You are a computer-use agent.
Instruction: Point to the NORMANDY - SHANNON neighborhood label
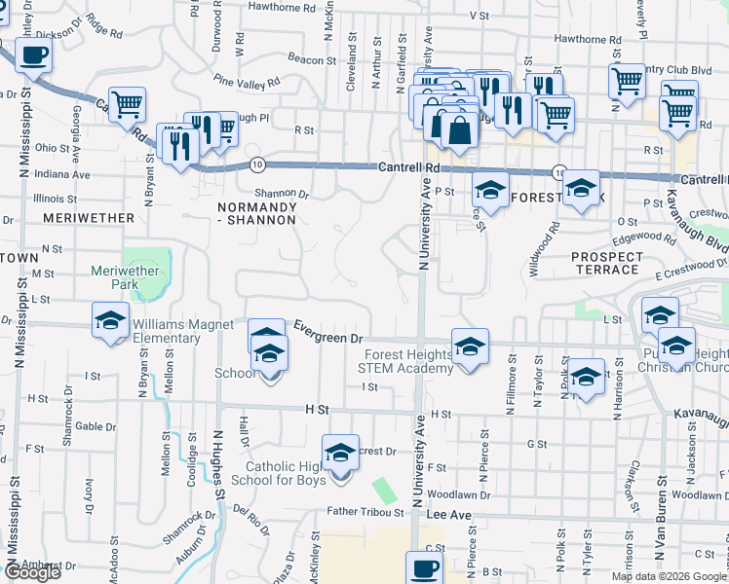pyautogui.click(x=256, y=213)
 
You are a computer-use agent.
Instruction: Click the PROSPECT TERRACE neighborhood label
pyautogui.click(x=607, y=264)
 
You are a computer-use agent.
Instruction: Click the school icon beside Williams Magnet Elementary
pyautogui.click(x=111, y=320)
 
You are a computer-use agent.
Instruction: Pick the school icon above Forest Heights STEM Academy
pyautogui.click(x=470, y=347)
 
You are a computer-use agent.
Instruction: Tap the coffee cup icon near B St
pyautogui.click(x=425, y=568)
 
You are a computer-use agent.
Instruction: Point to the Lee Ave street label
pyautogui.click(x=449, y=513)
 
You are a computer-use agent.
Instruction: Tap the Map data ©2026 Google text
pyautogui.click(x=670, y=576)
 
